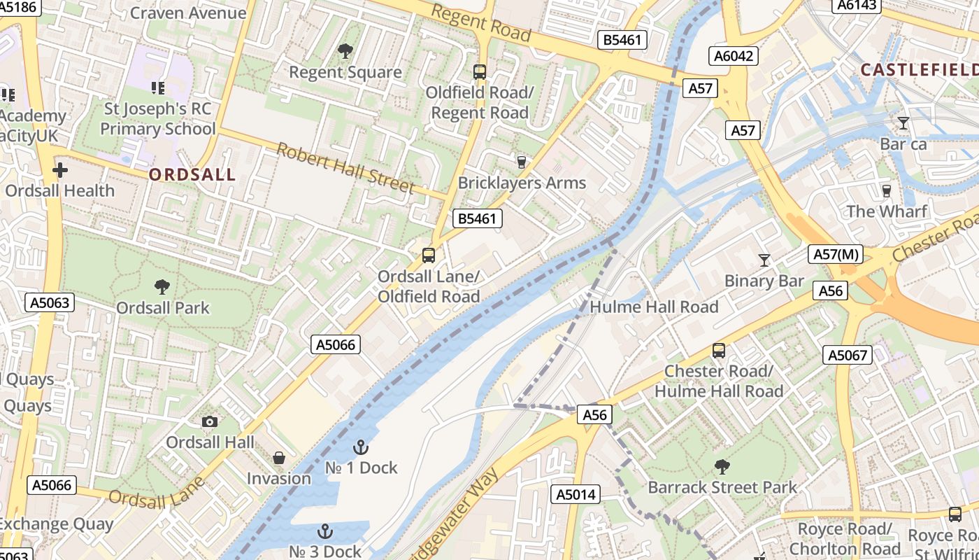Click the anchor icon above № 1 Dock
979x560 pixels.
pos(360,447)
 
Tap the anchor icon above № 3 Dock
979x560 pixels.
pos(324,531)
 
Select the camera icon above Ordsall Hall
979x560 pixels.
pos(209,421)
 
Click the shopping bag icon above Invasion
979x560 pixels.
pos(279,458)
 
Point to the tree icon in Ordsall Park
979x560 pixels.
pos(162,286)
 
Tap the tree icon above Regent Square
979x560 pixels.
pos(345,50)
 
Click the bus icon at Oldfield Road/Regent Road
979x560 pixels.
pos(480,71)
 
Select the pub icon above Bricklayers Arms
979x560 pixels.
pos(521,162)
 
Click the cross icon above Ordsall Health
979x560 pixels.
pos(60,169)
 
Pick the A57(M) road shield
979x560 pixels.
pos(836,255)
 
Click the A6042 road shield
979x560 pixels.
pos(734,56)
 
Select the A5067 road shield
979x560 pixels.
pos(848,355)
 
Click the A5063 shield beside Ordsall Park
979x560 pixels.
pos(50,302)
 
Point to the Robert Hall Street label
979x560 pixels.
pos(345,167)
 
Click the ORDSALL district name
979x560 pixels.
pos(192,175)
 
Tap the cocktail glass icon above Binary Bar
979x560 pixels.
pos(764,260)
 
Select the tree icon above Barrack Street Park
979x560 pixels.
pos(722,466)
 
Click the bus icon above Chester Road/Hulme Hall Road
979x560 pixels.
pos(719,351)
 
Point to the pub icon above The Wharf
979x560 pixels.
pos(887,190)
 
